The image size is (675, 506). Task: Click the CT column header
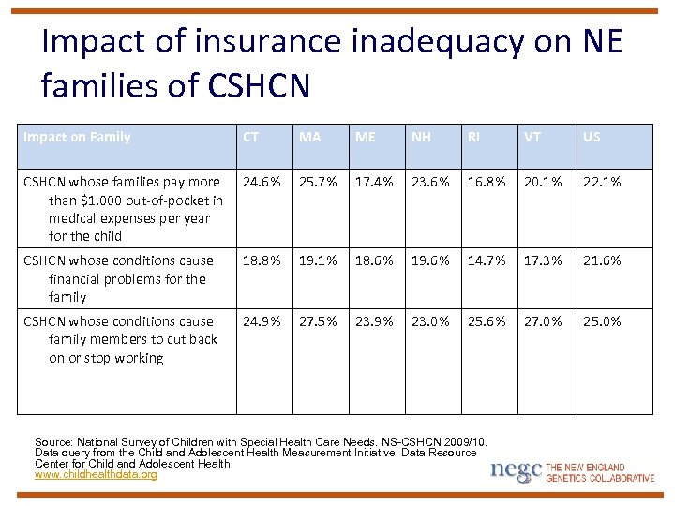[x=250, y=137]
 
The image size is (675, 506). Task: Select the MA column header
[x=309, y=137]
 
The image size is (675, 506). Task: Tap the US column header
[x=592, y=137]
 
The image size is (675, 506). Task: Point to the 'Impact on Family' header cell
[x=77, y=137]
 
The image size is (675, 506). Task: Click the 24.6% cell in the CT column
[x=262, y=182]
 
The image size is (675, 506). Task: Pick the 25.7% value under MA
[x=318, y=182]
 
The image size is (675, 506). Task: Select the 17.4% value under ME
[x=374, y=182]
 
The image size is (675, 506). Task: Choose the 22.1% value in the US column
[x=602, y=182]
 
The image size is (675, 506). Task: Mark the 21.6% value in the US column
[x=602, y=260]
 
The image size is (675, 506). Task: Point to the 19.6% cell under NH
[x=430, y=260]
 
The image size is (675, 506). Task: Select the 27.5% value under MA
[x=318, y=321]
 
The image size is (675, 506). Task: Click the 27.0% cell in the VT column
[x=543, y=321]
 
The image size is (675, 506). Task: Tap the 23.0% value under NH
[x=430, y=321]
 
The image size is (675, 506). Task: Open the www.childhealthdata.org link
[x=96, y=475]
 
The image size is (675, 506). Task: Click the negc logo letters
[x=516, y=470]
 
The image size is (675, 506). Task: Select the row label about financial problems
[x=120, y=278]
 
